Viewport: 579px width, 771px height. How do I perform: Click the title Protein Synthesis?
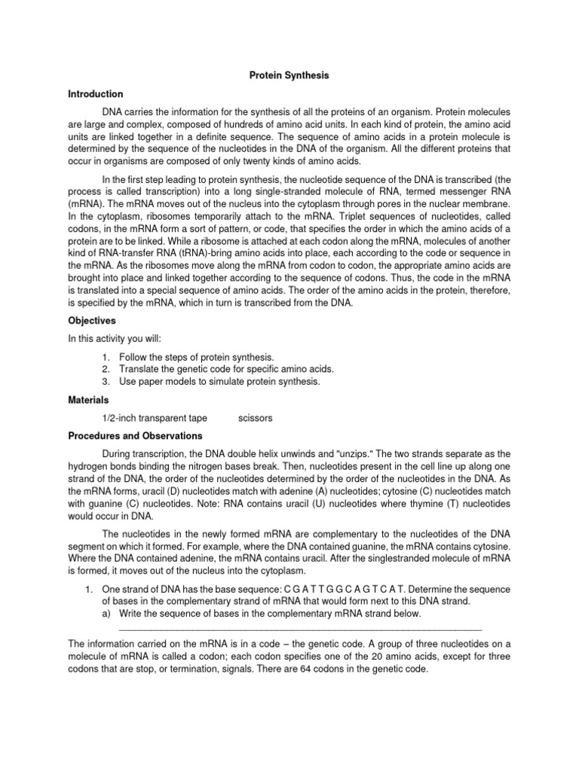click(289, 76)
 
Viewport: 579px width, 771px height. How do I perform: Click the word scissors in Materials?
click(255, 418)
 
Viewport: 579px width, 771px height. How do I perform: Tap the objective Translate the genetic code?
click(226, 368)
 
